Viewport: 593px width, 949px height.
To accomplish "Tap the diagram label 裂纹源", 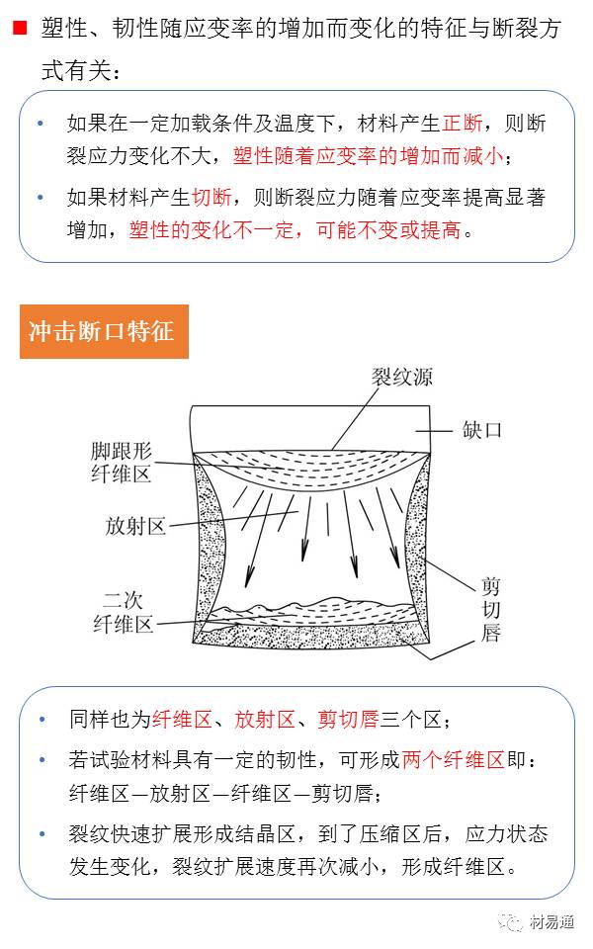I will (401, 377).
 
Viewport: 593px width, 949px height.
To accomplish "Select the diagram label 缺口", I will (481, 430).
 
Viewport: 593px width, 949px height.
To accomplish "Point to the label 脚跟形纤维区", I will (122, 462).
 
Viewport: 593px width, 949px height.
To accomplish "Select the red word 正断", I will (463, 125).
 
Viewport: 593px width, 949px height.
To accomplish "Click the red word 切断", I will (212, 198).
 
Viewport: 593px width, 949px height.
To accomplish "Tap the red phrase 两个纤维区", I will (453, 760).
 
